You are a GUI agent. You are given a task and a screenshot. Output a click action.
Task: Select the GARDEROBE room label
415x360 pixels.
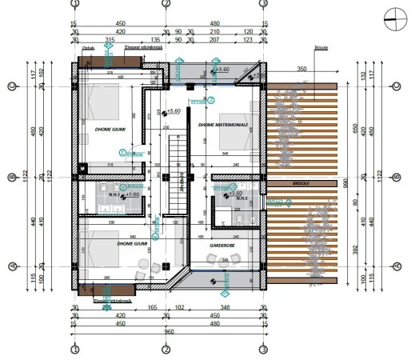[x=221, y=246]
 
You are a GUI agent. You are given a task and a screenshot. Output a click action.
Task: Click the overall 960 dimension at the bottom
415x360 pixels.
[x=169, y=331]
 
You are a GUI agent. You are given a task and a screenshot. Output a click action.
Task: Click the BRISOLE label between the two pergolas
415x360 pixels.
[x=301, y=183]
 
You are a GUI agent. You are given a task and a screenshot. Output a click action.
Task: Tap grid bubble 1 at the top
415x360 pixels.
[x=74, y=4]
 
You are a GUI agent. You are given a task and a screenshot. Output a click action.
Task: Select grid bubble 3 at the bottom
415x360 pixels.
[x=263, y=350]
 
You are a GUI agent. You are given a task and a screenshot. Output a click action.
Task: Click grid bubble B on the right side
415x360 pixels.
[x=397, y=178]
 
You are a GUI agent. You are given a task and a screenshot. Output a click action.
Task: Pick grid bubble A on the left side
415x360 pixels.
[x=12, y=267]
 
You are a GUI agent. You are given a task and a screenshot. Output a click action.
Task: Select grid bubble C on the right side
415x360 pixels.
[x=397, y=86]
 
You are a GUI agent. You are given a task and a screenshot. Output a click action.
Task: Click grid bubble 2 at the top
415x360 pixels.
[x=166, y=4]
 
